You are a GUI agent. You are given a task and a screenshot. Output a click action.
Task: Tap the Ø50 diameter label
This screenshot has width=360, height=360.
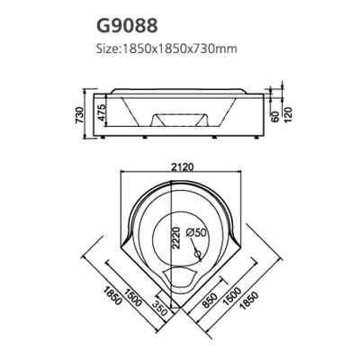pos(196,233)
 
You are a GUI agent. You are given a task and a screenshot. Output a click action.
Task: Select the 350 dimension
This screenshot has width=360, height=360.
pos(159,305)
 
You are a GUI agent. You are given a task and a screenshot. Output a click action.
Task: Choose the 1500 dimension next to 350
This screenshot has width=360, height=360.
pos(135,293)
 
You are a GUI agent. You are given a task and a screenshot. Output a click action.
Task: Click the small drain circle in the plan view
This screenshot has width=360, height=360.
pos(188,252)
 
